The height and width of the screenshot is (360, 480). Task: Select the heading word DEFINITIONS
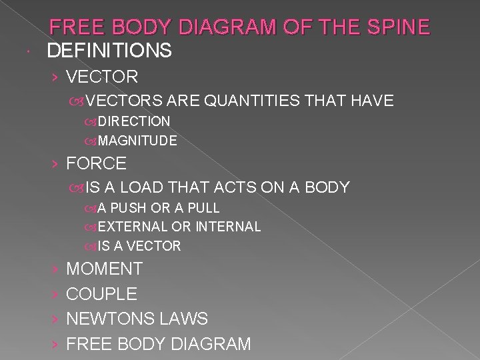click(x=109, y=50)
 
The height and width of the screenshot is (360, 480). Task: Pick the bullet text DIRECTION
click(x=133, y=121)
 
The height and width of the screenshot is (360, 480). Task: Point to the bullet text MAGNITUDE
click(x=137, y=141)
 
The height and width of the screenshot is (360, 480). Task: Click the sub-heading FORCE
click(x=97, y=163)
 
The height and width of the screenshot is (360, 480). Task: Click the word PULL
click(x=203, y=208)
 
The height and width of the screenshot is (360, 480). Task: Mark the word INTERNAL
click(x=227, y=227)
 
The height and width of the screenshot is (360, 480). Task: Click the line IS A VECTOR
click(x=139, y=246)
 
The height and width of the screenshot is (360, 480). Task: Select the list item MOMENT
click(x=104, y=269)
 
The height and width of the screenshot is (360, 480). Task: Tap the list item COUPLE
click(x=101, y=294)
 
